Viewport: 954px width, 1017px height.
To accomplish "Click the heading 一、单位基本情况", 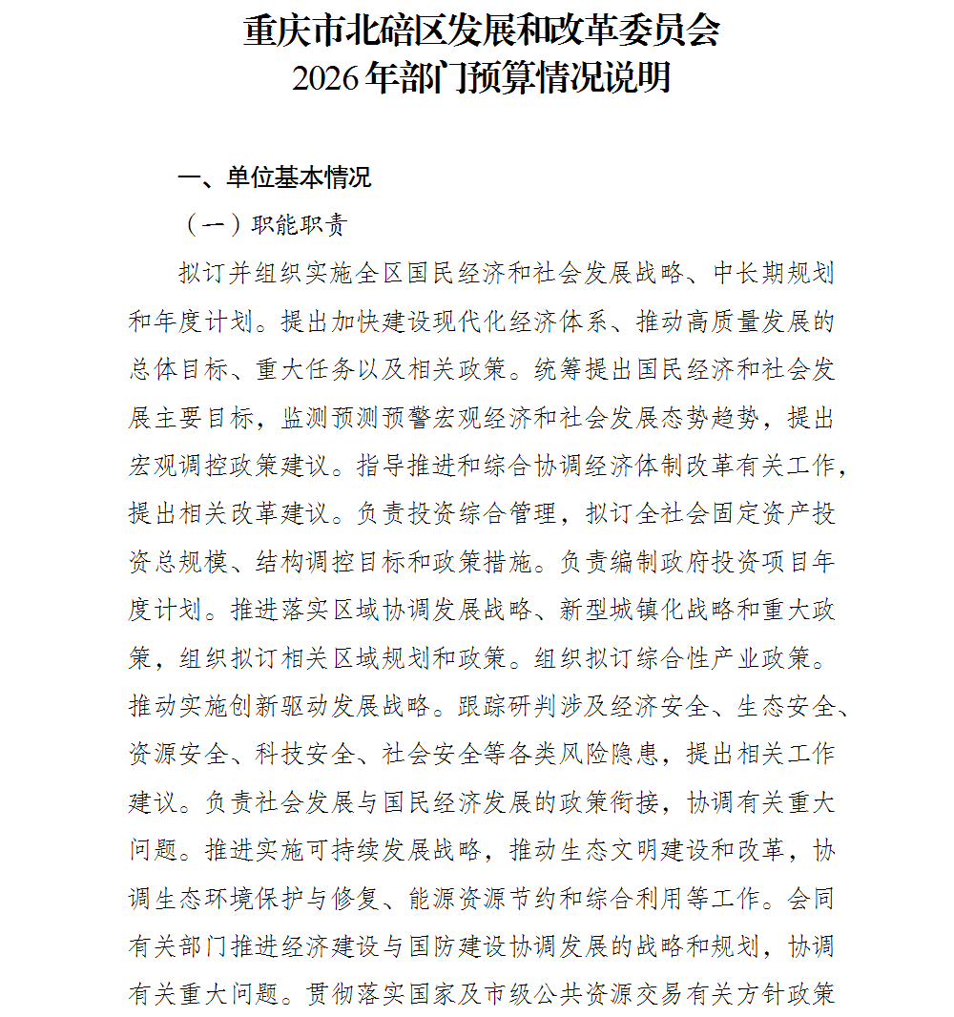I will click(x=275, y=178).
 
